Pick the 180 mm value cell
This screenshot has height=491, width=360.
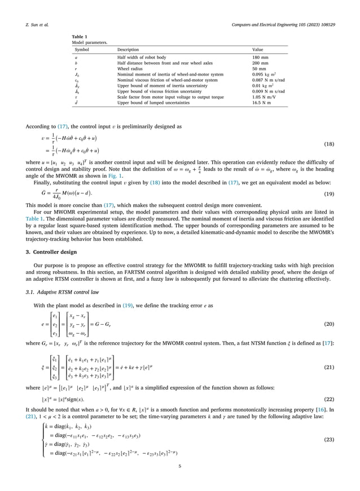coord(260,58)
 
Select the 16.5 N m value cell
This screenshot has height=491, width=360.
coord(262,101)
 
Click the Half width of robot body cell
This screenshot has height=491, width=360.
coord(146,58)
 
